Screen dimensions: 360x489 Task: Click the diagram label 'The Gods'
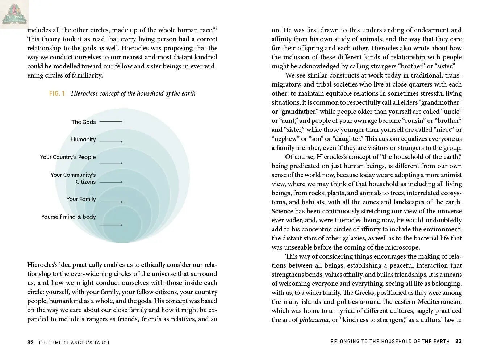pos(83,122)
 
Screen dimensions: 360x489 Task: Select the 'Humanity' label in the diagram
pos(83,139)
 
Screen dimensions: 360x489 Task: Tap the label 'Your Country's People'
pos(68,157)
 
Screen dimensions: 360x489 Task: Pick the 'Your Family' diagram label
pos(81,199)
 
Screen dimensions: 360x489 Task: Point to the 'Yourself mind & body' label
pos(68,217)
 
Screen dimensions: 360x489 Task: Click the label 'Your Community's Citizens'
pos(73,178)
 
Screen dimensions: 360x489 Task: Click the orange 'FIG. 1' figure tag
pos(57,93)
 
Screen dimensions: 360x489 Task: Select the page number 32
pos(30,343)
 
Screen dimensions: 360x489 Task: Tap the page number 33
pos(459,341)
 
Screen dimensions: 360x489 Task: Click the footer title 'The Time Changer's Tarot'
pos(74,343)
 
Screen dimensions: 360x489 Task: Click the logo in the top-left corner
pos(14,14)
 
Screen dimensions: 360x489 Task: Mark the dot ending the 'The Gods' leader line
pos(121,121)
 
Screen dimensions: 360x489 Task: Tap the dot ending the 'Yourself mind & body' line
pos(121,225)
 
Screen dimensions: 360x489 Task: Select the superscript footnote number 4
pos(216,28)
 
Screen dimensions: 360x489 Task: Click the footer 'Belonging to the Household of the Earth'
pos(390,341)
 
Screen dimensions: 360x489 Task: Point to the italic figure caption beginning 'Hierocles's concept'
pos(133,93)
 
